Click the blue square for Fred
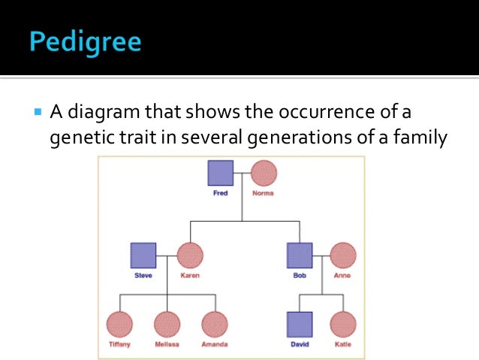pyautogui.click(x=220, y=173)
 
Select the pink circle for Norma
pyautogui.click(x=263, y=173)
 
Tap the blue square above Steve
pyautogui.click(x=143, y=256)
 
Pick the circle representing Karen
pyautogui.click(x=190, y=256)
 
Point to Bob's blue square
pyautogui.click(x=300, y=256)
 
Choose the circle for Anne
pyautogui.click(x=342, y=256)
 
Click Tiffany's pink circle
pyautogui.click(x=119, y=325)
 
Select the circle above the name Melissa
pyautogui.click(x=167, y=325)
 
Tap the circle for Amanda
pyautogui.click(x=215, y=325)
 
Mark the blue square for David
pyautogui.click(x=300, y=325)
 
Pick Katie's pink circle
pyautogui.click(x=342, y=325)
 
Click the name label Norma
pyautogui.click(x=263, y=193)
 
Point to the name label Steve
pyautogui.click(x=143, y=276)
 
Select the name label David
pyautogui.click(x=300, y=345)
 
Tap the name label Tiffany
pyautogui.click(x=119, y=345)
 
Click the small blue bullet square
pyautogui.click(x=38, y=113)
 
